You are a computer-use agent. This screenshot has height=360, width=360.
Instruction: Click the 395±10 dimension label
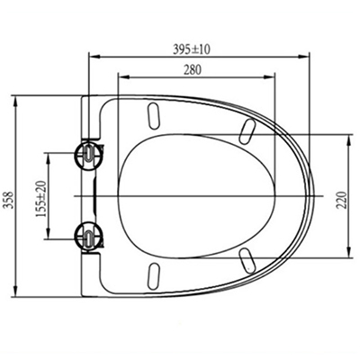pyautogui.click(x=192, y=49)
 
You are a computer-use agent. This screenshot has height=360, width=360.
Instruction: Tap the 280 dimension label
pyautogui.click(x=193, y=70)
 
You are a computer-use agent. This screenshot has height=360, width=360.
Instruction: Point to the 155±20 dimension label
pyautogui.click(x=40, y=199)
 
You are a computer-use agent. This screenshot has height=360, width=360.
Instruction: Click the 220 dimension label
pyautogui.click(x=342, y=200)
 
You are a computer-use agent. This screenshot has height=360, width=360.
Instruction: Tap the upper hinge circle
pyautogui.click(x=88, y=155)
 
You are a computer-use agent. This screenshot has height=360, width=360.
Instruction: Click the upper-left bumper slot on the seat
pyautogui.click(x=153, y=117)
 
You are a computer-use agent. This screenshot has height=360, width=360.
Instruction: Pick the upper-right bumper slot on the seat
pyautogui.click(x=247, y=131)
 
